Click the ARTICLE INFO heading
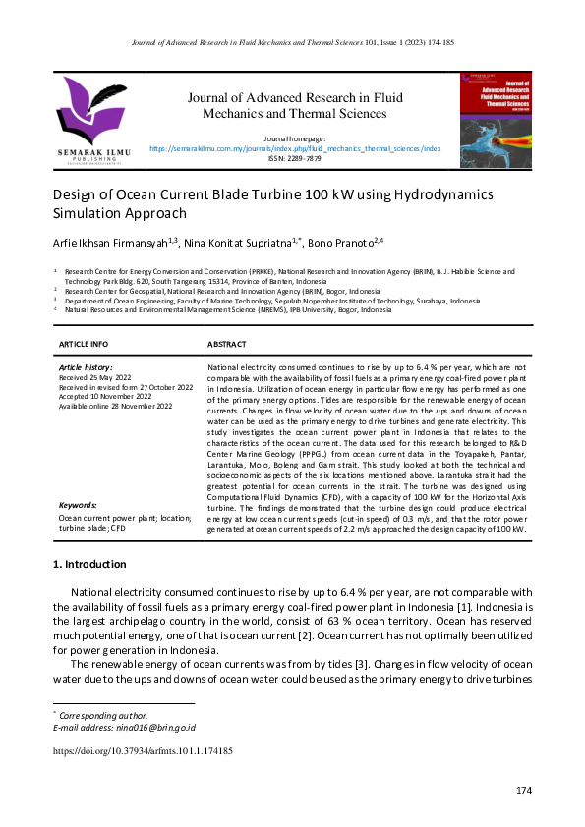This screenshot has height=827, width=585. point(85,345)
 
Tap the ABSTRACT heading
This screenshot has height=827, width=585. point(227,345)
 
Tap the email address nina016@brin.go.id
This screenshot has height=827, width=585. point(138,728)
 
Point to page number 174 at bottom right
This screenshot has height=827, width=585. point(523,792)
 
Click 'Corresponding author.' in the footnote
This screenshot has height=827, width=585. point(98,716)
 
